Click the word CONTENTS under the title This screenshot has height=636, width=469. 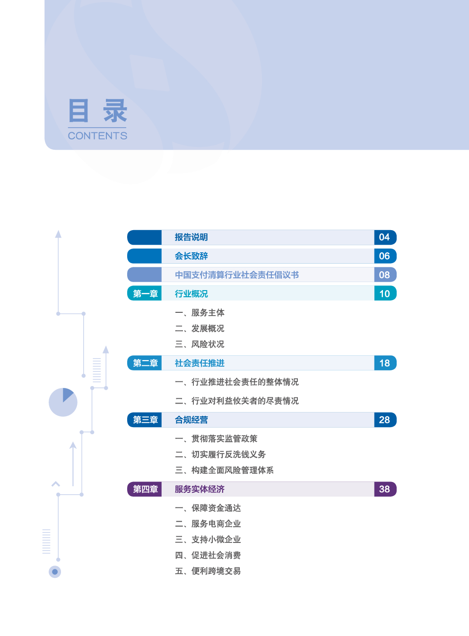click(97, 136)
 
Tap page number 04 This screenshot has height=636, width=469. click(384, 237)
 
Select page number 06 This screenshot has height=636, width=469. click(384, 256)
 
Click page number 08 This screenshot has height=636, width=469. click(384, 275)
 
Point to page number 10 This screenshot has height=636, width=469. click(384, 293)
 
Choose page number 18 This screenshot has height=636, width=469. click(384, 363)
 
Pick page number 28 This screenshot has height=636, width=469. click(384, 420)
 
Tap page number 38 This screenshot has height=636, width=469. click(384, 489)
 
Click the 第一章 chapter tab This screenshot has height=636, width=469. click(145, 293)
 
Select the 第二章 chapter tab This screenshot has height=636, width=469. click(145, 363)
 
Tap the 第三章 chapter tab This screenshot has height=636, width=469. click(145, 420)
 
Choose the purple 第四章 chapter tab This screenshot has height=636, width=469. click(145, 489)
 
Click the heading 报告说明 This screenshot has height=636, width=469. click(191, 237)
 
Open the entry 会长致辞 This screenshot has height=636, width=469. click(191, 256)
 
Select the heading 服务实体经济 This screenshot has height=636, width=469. click(200, 489)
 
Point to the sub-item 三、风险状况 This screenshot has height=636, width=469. click(200, 344)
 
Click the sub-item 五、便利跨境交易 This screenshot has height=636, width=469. click(208, 571)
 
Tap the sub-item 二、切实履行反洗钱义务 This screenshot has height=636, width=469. click(220, 454)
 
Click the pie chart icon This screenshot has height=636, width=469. click(63, 402)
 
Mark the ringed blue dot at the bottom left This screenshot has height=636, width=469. click(55, 572)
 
